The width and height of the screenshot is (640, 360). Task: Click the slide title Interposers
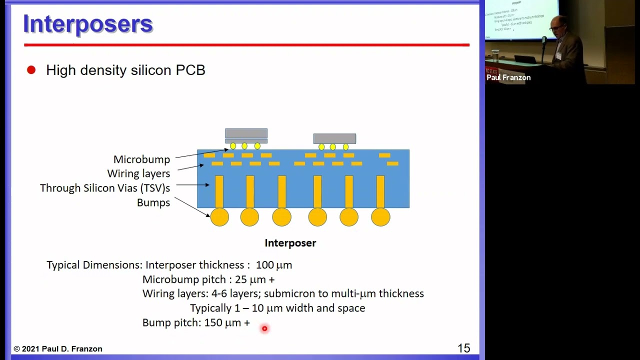pos(88,24)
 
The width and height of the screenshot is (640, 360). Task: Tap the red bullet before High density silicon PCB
pos(31,70)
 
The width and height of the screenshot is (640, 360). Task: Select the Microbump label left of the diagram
pos(141,159)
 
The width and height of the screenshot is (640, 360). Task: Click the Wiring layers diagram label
pos(138,173)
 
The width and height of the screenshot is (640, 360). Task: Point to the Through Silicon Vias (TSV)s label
pos(105,188)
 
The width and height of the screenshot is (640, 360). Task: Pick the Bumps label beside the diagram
pos(153,202)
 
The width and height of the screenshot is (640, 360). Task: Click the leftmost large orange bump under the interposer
pos(219,217)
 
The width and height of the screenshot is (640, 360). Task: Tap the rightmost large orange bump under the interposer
pos(380,217)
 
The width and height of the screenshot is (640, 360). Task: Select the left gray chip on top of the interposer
pos(246,133)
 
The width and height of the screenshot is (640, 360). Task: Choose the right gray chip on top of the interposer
pos(334,138)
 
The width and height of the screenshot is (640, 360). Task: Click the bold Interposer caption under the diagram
pos(290,243)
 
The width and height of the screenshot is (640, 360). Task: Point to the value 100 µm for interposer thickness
pos(274,265)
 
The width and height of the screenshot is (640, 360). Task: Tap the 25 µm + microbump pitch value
pos(254,279)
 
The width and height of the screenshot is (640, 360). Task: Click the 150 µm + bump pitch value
pos(227,323)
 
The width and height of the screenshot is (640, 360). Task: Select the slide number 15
pos(463,348)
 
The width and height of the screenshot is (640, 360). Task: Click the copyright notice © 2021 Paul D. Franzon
pos(58,349)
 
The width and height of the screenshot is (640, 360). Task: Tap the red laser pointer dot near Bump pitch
pos(264,328)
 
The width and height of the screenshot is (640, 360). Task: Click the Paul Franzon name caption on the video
pos(508,77)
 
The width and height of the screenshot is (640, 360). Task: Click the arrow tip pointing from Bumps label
pos(209,216)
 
